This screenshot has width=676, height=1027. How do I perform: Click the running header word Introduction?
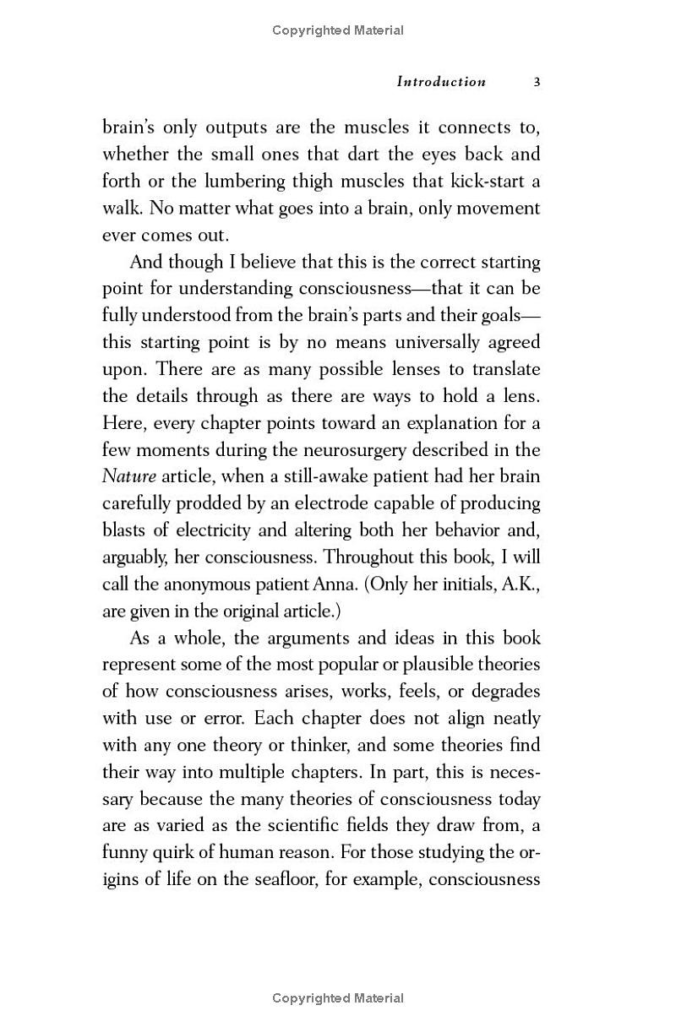click(441, 82)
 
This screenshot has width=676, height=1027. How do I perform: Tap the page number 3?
click(537, 82)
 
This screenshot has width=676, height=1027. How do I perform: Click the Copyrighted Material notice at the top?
click(338, 30)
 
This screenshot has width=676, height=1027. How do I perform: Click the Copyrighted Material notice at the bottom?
click(338, 998)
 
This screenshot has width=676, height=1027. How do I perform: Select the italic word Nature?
click(129, 476)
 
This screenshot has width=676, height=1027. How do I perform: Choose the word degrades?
click(505, 692)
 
